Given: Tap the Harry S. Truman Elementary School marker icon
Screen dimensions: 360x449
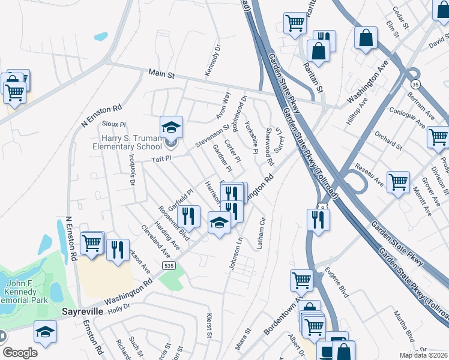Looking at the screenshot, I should click(171, 127).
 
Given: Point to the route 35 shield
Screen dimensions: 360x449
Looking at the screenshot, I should click(415, 83).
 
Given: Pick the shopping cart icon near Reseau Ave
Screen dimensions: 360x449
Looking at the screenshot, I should click(398, 182).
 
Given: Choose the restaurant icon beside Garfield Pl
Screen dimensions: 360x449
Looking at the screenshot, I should click(188, 217).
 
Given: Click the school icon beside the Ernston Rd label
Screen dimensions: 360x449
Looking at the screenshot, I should click(46, 332).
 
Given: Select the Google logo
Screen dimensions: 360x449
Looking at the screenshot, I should click(20, 353).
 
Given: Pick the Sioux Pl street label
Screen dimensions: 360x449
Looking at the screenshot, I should click(113, 124).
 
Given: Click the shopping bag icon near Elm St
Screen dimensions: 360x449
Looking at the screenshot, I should click(365, 38).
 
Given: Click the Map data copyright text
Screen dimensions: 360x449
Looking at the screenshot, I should click(424, 355).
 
